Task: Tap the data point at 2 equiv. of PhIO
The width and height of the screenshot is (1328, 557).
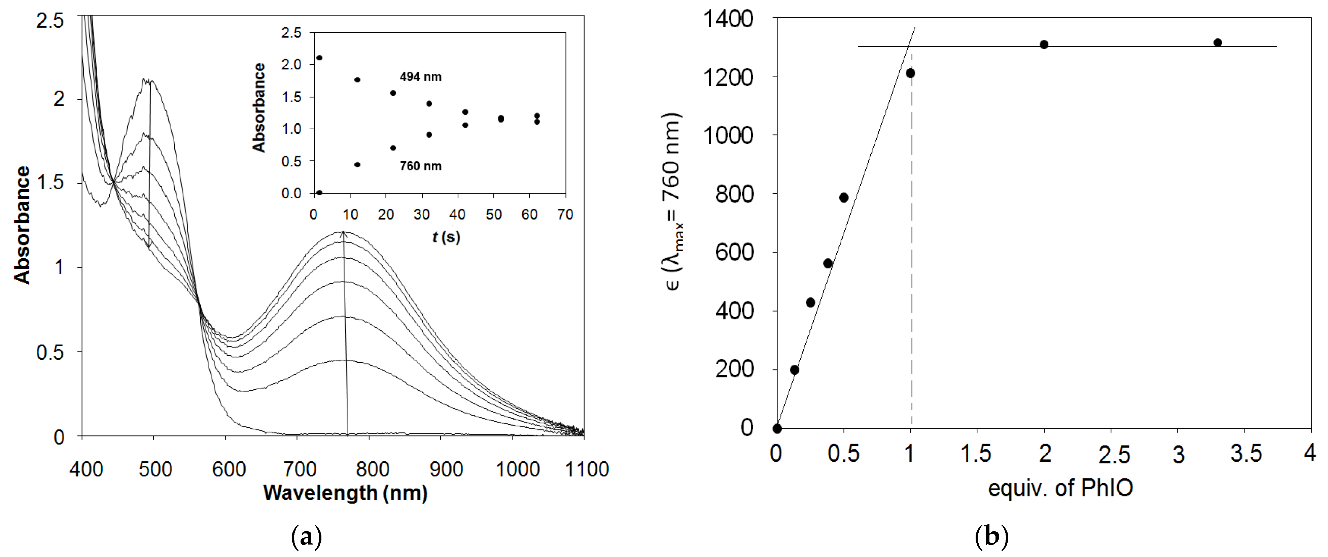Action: (x=1044, y=44)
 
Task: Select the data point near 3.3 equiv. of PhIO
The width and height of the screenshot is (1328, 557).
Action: (x=1218, y=42)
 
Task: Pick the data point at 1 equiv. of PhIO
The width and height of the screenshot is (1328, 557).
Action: (x=910, y=73)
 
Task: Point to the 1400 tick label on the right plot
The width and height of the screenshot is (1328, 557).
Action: (x=728, y=19)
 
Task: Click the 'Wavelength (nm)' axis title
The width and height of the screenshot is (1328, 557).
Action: (x=345, y=493)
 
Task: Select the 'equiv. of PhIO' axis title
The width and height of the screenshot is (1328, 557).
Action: (x=1060, y=487)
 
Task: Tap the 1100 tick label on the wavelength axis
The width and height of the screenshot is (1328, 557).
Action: (x=587, y=469)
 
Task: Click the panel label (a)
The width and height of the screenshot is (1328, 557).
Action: (x=306, y=537)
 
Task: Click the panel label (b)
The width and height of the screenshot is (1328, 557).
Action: (x=992, y=537)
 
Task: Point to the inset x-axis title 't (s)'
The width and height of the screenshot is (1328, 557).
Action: (x=446, y=237)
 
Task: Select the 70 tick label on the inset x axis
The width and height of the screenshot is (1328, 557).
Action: (x=565, y=215)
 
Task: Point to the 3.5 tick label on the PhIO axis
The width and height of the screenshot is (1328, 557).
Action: (x=1246, y=454)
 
